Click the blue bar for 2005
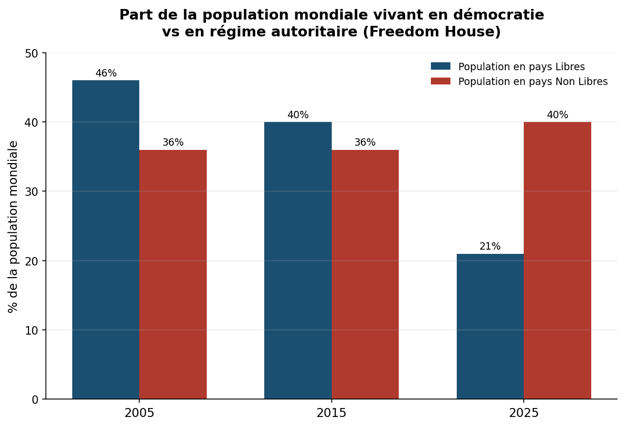click(x=105, y=240)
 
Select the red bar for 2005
click(x=173, y=274)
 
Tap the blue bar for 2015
click(x=298, y=260)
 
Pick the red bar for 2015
click(x=365, y=274)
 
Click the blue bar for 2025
click(x=491, y=326)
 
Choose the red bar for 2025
click(x=557, y=260)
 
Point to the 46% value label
click(x=106, y=73)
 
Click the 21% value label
click(x=490, y=246)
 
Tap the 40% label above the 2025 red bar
click(x=557, y=115)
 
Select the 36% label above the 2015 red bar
click(x=365, y=143)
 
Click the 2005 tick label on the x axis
click(x=139, y=413)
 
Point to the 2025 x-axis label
click(x=524, y=413)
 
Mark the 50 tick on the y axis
click(x=31, y=53)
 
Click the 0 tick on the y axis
click(x=35, y=400)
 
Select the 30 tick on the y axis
click(x=31, y=192)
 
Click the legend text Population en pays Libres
click(x=522, y=67)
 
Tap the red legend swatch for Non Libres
click(x=440, y=81)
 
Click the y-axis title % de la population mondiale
click(x=13, y=226)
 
